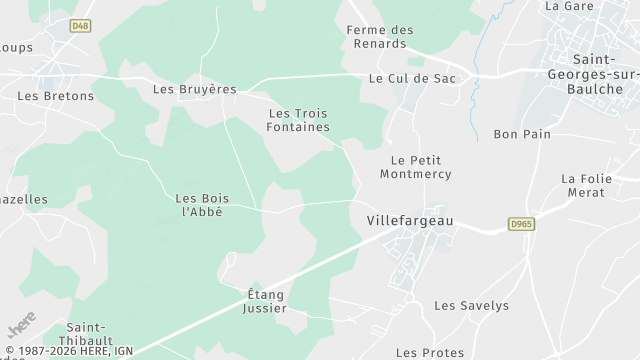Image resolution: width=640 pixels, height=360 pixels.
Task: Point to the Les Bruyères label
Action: click(194, 89)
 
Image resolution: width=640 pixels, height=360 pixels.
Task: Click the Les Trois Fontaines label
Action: click(299, 119)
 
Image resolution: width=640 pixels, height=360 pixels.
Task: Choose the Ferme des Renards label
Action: click(379, 37)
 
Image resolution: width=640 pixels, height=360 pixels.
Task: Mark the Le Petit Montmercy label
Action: click(415, 167)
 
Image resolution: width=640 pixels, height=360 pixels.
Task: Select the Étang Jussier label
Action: click(266, 301)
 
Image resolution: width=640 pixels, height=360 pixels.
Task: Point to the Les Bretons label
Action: click(55, 96)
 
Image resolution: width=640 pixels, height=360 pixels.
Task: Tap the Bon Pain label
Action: click(522, 134)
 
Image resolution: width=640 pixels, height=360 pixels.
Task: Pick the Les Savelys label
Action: click(471, 306)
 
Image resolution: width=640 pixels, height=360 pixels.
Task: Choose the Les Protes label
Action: click(430, 352)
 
